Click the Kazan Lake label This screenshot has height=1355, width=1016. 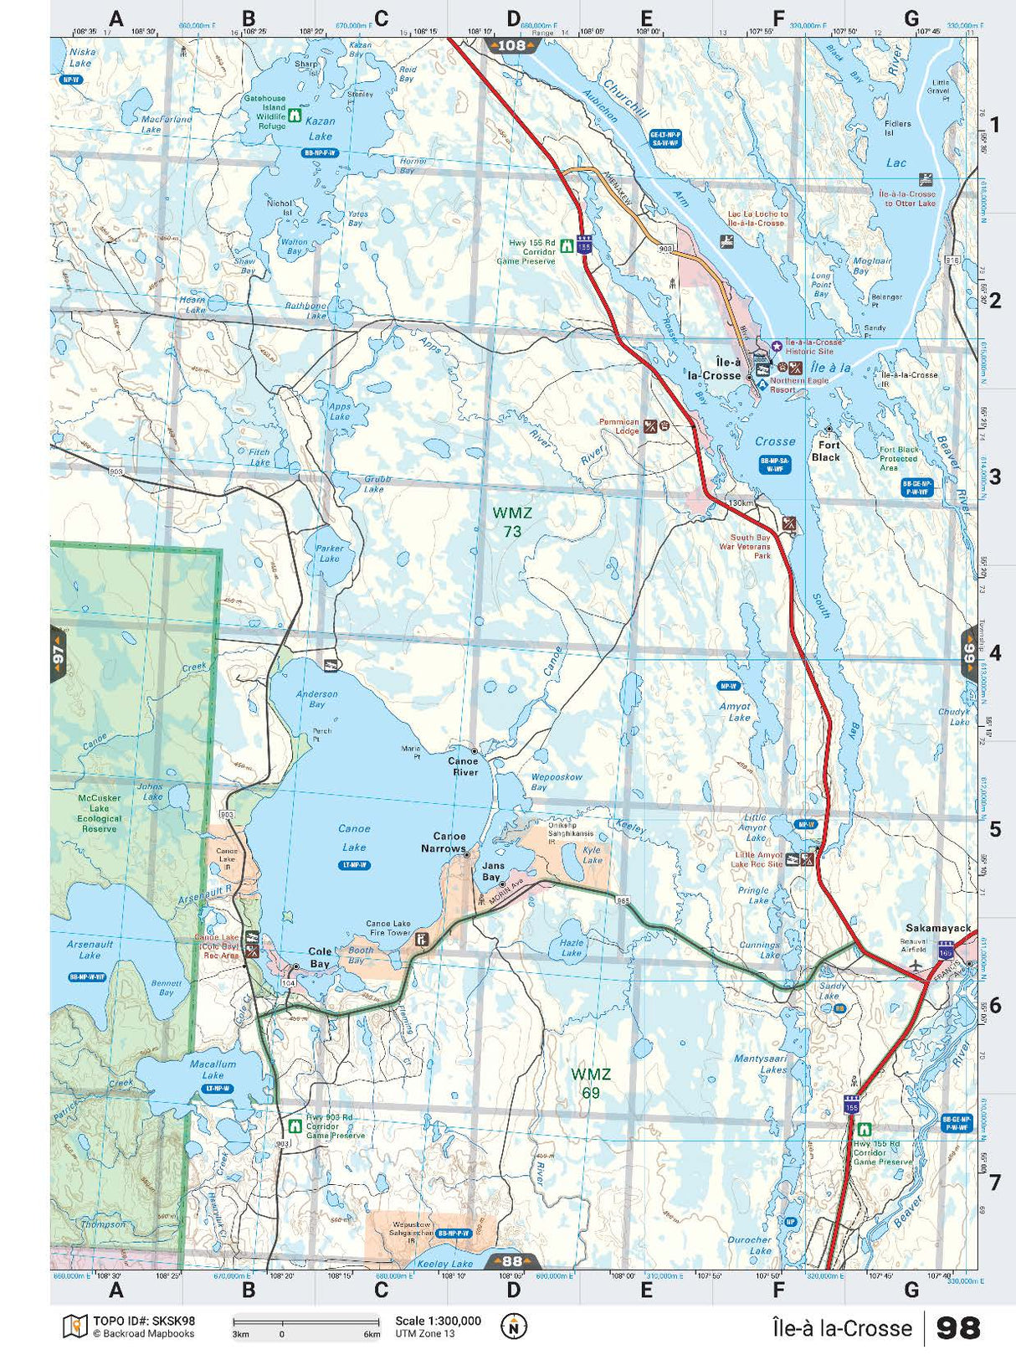point(320,128)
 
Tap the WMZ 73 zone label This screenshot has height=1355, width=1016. point(512,523)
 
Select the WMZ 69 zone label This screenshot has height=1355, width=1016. point(591,1083)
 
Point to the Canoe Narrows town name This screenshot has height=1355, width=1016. point(449,842)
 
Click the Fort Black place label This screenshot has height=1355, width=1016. point(826,451)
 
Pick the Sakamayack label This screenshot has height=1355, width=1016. point(938,928)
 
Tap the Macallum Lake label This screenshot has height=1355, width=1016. point(213,1069)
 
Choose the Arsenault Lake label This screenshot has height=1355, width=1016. point(90,950)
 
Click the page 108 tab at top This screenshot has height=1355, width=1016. point(512,45)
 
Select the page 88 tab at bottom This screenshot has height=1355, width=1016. point(512,1261)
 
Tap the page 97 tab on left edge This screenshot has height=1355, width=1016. point(58,654)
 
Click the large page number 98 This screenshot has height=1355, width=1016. point(957,1328)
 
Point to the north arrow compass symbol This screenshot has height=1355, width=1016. point(514,1327)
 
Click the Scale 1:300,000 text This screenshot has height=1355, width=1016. point(438,1321)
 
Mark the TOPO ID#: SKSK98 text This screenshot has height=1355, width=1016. point(144,1321)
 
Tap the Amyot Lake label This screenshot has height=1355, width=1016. point(736,712)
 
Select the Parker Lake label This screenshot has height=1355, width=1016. point(330,554)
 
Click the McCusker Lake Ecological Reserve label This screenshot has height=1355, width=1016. point(100,813)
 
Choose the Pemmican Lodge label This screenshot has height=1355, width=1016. point(619,426)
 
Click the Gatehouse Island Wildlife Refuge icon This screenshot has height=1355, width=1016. point(295,116)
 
